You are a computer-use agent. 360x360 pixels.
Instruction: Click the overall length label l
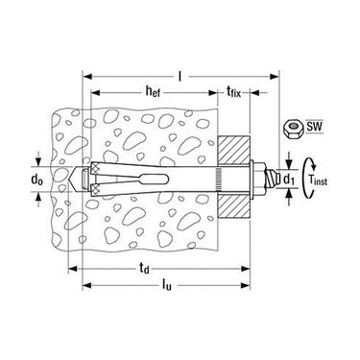(180, 77)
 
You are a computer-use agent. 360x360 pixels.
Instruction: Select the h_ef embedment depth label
(153, 92)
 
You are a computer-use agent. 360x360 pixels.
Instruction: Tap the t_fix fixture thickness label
(233, 92)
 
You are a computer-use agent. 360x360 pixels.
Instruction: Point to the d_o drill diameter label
(37, 180)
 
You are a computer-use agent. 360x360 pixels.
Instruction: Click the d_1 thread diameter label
(289, 180)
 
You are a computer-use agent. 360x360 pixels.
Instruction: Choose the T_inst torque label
(318, 180)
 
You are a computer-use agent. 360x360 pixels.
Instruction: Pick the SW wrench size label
(315, 127)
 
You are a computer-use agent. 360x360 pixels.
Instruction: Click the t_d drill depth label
(144, 269)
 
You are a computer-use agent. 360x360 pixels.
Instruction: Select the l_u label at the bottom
(167, 284)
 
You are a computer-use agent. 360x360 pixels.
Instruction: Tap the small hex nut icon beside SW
(292, 129)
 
